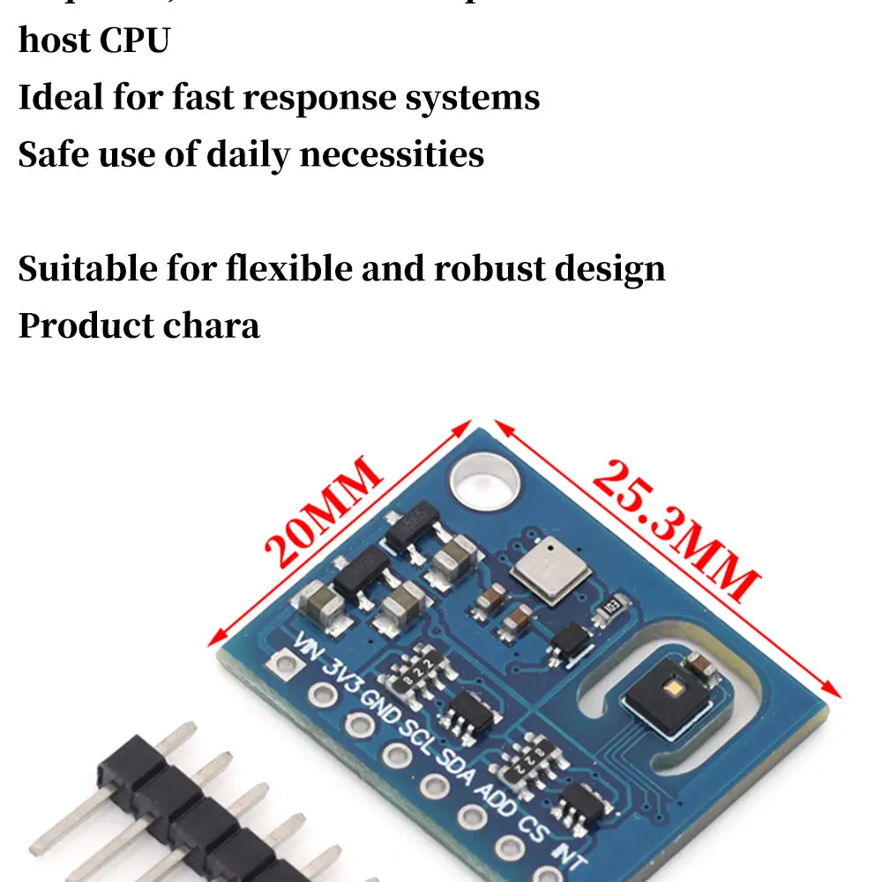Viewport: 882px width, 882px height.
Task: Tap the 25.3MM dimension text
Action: (x=675, y=529)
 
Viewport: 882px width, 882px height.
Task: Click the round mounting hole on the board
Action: (x=483, y=482)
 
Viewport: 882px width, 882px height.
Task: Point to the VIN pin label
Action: (x=310, y=651)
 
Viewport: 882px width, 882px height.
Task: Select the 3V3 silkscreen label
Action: (x=344, y=679)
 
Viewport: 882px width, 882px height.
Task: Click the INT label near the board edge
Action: (x=566, y=853)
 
